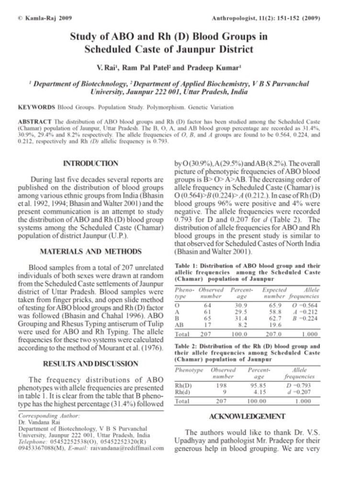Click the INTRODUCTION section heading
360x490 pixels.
(x=90, y=164)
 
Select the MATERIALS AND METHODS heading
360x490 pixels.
(x=90, y=251)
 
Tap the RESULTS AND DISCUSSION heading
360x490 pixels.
(x=90, y=364)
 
